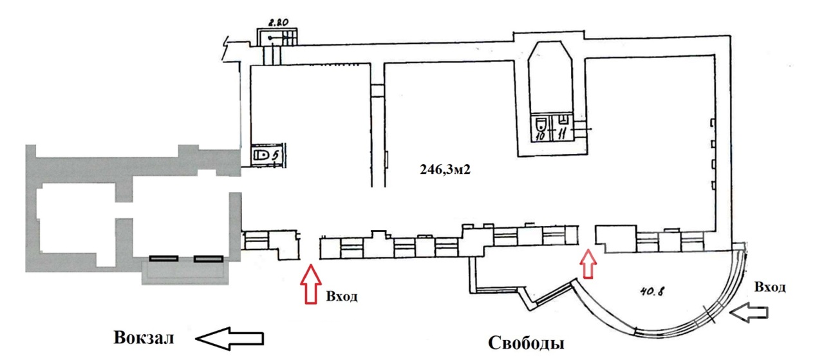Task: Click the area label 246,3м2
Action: (x=445, y=169)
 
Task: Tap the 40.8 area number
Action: (x=652, y=292)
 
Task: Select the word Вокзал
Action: (x=144, y=338)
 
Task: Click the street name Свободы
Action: (x=526, y=343)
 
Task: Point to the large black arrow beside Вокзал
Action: (x=230, y=338)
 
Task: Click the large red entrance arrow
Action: (x=311, y=284)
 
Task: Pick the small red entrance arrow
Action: (x=588, y=263)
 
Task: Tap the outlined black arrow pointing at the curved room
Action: (x=749, y=313)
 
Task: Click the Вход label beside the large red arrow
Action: (x=342, y=296)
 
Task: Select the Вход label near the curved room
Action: (x=770, y=287)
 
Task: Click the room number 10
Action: (x=540, y=136)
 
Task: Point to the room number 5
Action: (x=275, y=156)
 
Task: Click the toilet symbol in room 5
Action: (x=261, y=155)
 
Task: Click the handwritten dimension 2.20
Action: (x=278, y=23)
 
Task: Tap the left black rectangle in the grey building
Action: (x=164, y=258)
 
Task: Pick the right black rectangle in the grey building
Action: (x=208, y=258)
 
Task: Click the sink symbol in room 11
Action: (x=563, y=120)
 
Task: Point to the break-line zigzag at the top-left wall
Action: (x=225, y=48)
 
